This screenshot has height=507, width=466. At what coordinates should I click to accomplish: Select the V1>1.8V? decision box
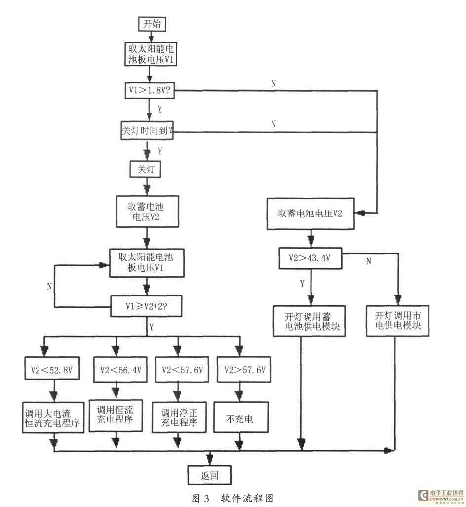(x=148, y=91)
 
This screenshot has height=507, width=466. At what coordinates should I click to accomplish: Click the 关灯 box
(x=145, y=169)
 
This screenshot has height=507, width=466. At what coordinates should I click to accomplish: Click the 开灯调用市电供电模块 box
(x=396, y=321)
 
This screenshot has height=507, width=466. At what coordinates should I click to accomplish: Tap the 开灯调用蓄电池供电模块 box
(x=310, y=321)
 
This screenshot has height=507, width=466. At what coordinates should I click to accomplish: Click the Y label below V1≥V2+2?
(x=151, y=327)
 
